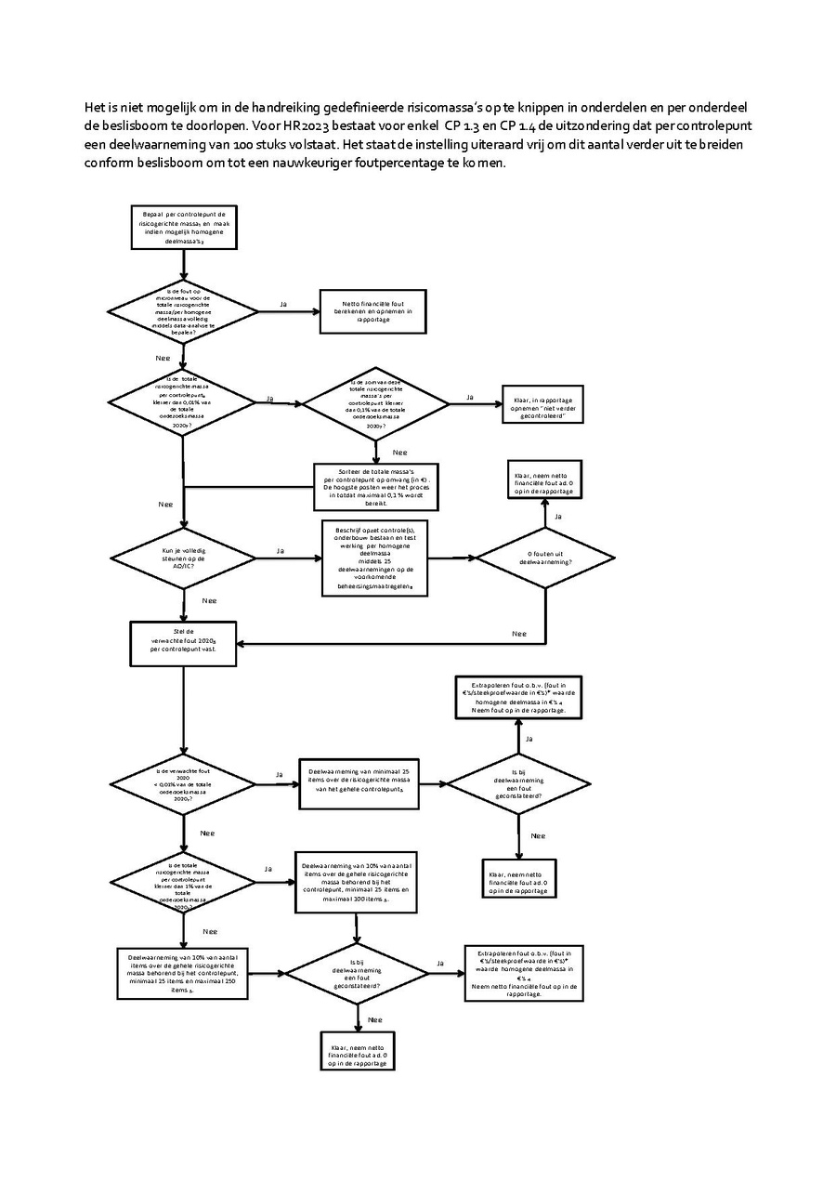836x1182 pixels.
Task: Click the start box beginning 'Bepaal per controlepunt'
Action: [x=184, y=227]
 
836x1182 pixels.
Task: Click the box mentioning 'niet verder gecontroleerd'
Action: [x=543, y=405]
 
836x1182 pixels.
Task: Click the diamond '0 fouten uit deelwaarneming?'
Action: [x=544, y=558]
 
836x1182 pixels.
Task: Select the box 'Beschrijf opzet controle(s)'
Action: [x=374, y=558]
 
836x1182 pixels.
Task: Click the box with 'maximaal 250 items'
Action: [x=183, y=973]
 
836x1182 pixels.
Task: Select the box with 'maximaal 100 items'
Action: [x=357, y=884]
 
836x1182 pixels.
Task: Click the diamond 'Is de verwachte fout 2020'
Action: [x=183, y=781]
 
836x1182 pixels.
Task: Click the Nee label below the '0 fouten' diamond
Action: [x=520, y=634]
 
